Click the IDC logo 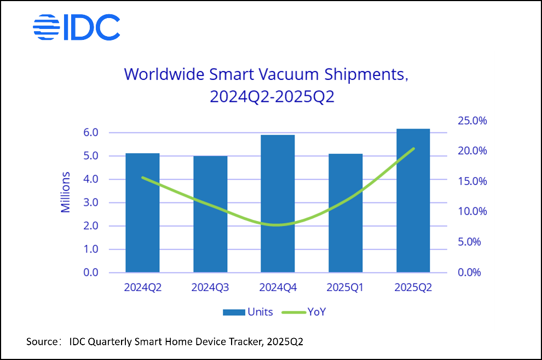click(77, 27)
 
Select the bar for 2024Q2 click(142, 213)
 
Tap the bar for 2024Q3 click(210, 214)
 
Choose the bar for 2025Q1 click(345, 213)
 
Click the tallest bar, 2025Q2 click(413, 200)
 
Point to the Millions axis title click(66, 192)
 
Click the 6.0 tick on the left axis click(91, 133)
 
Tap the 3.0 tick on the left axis click(91, 203)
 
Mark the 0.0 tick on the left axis click(91, 272)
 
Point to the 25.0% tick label click(471, 121)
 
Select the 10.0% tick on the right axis click(471, 212)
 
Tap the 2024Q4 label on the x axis click(278, 288)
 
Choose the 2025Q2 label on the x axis click(413, 288)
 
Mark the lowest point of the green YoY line click(278, 225)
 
